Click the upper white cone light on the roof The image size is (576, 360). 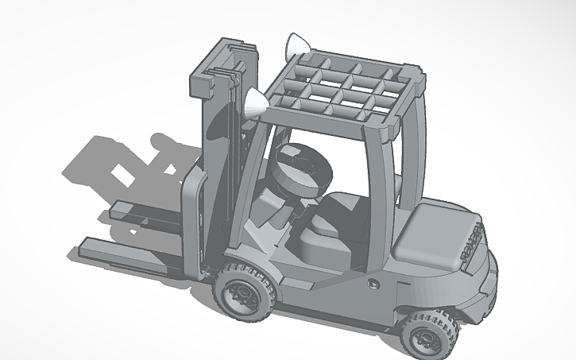point(297,45)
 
